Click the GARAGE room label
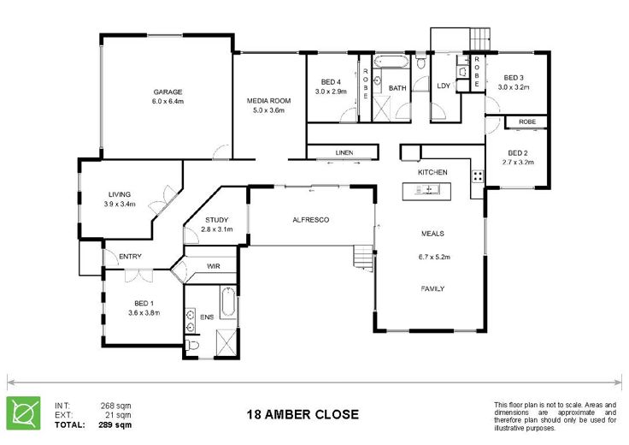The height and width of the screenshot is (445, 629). click(x=168, y=92)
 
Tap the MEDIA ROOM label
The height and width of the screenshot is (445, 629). click(x=268, y=101)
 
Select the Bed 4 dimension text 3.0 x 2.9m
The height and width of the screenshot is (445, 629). click(x=331, y=92)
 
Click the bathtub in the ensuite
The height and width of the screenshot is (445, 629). click(x=229, y=302)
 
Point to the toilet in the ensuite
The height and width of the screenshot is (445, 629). click(x=192, y=345)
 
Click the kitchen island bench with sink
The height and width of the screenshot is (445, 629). click(x=426, y=191)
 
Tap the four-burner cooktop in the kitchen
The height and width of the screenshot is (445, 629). click(x=478, y=176)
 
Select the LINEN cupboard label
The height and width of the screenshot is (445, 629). click(x=344, y=152)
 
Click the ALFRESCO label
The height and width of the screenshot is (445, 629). click(x=311, y=220)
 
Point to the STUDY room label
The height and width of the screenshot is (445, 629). click(x=216, y=220)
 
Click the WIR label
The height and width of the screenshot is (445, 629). click(x=214, y=266)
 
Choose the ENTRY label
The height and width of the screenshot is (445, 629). click(x=130, y=256)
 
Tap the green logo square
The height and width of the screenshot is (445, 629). click(x=23, y=413)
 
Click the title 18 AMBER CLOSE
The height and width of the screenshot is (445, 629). click(x=303, y=414)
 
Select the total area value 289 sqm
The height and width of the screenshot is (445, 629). click(x=115, y=424)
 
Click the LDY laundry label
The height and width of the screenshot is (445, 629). click(x=444, y=86)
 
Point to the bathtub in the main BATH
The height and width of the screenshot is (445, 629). click(x=391, y=62)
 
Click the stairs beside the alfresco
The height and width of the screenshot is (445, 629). click(x=364, y=257)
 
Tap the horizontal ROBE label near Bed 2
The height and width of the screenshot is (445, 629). click(x=527, y=122)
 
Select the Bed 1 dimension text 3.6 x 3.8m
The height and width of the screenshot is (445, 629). click(x=144, y=313)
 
